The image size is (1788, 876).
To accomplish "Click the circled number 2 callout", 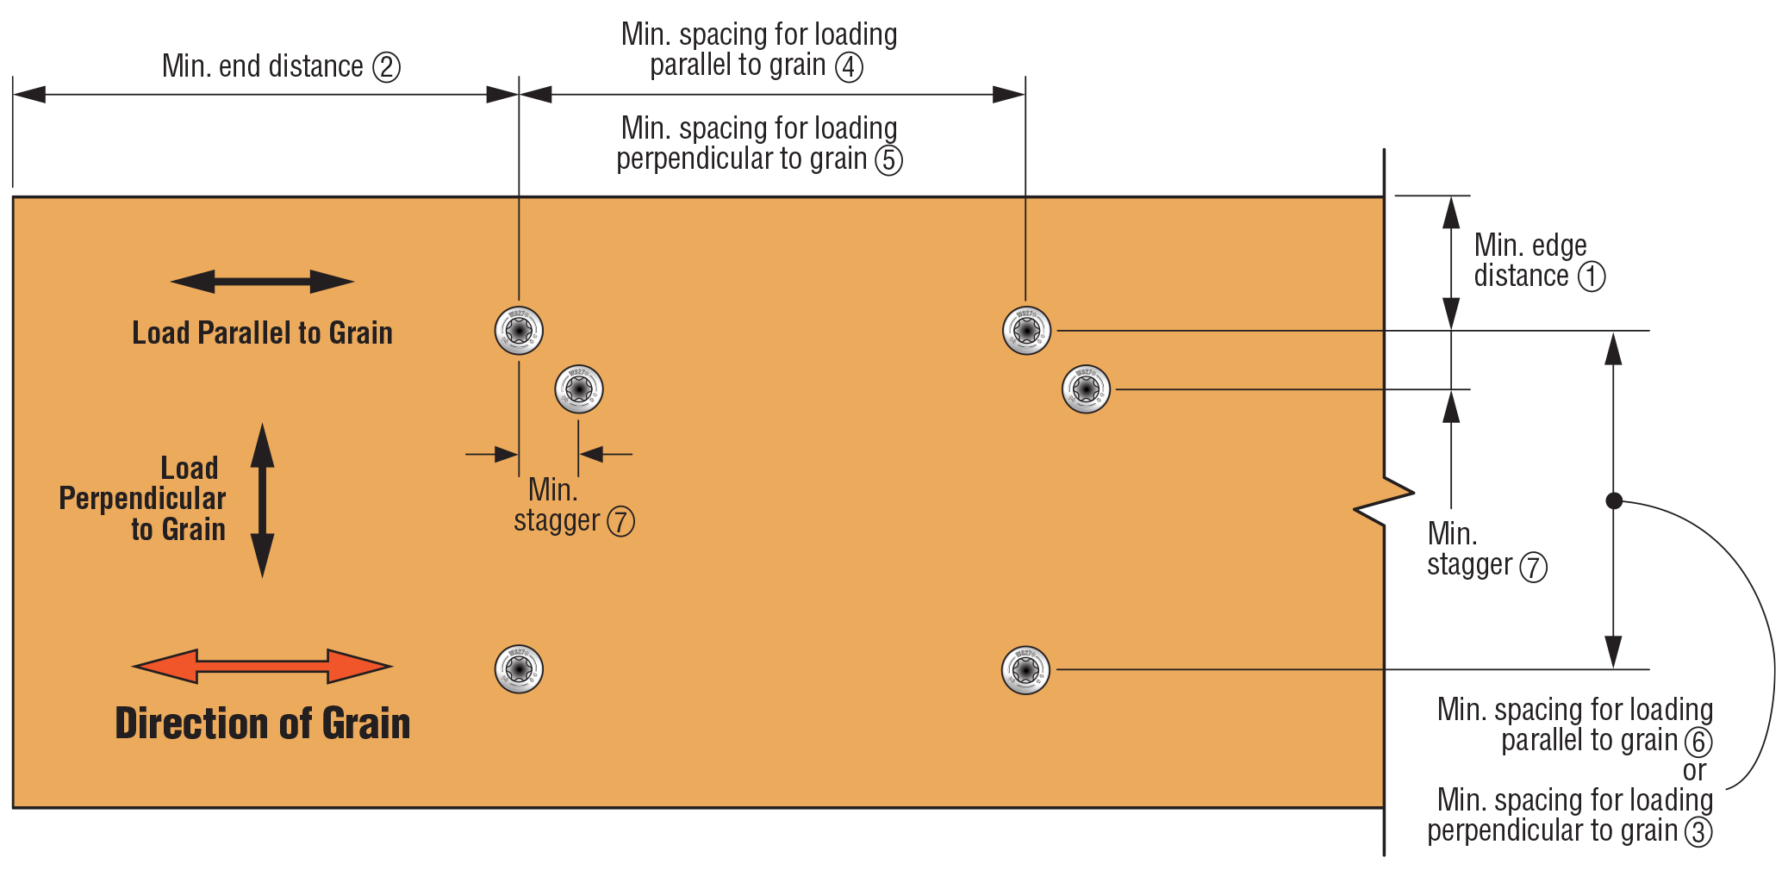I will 386,67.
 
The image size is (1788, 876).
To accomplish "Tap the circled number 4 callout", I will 849,66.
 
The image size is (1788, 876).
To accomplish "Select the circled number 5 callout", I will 888,160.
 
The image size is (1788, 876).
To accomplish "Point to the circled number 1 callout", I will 1591,276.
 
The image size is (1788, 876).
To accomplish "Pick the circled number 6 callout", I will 1698,742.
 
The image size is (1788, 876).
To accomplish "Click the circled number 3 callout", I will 1698,832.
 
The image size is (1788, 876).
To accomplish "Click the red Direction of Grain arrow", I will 262,666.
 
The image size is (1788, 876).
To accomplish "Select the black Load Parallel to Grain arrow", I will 262,282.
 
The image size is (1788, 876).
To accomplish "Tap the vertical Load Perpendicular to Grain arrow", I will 262,500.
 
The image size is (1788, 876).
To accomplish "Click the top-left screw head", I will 519,331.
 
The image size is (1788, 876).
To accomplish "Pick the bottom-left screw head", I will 519,669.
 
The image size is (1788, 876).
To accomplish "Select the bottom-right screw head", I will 1025,670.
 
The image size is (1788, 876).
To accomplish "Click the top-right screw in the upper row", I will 1026,331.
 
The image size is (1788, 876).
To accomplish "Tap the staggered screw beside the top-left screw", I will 579,389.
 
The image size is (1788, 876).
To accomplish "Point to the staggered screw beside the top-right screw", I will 1086,389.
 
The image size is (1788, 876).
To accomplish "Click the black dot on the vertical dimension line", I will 1614,500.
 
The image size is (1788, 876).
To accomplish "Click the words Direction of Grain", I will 263,724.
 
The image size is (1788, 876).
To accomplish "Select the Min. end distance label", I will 263,67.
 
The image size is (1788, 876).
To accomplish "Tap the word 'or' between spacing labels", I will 1694,771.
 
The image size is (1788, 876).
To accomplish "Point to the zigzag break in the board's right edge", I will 1384,500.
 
